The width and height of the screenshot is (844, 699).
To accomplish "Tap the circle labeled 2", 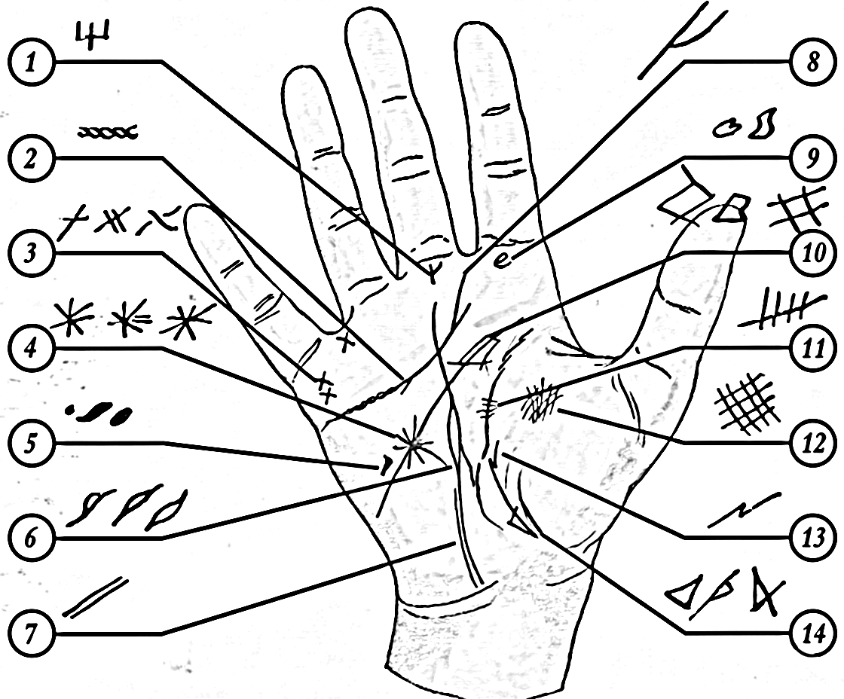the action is (x=31, y=158).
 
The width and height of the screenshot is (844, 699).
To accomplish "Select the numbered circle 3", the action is (x=31, y=253).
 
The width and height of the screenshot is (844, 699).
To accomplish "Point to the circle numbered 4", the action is (x=31, y=348).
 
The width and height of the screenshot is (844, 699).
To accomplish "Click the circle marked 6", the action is (x=31, y=538).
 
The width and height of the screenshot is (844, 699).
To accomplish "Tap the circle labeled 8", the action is (x=813, y=63).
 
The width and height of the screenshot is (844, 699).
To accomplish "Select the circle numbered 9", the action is (x=813, y=158).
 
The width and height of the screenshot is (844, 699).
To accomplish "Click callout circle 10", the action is (x=813, y=253).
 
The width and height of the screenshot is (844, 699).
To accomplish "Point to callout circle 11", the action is (x=813, y=348).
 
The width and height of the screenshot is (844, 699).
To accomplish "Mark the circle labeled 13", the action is (x=813, y=538).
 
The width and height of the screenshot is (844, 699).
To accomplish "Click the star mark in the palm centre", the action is (x=414, y=444).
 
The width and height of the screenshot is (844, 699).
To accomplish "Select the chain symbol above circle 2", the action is (x=108, y=131).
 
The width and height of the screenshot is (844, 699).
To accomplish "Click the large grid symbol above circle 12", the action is (x=747, y=402).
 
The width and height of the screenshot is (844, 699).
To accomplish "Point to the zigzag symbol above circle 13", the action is (x=743, y=508).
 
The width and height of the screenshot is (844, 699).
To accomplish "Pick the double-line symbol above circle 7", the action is (x=95, y=597).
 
